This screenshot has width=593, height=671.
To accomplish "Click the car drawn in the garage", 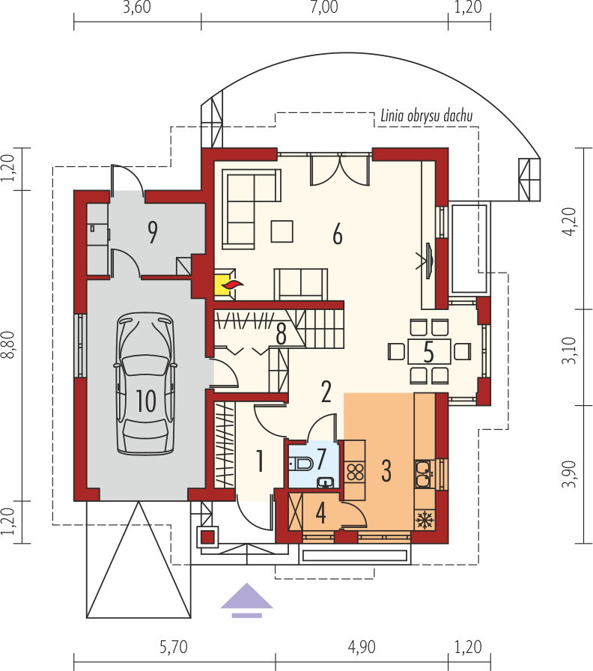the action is click(x=145, y=383).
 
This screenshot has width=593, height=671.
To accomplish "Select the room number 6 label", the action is click(x=338, y=234).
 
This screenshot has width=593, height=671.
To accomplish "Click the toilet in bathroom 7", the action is click(x=301, y=463).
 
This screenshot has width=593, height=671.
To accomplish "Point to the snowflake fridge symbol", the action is click(x=425, y=520).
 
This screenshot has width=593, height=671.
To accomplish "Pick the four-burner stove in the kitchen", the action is click(x=355, y=472).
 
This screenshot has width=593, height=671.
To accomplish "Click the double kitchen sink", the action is click(x=424, y=474).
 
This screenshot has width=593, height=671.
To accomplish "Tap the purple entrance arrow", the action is click(x=246, y=600).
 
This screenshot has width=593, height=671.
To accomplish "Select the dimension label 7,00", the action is click(x=324, y=7).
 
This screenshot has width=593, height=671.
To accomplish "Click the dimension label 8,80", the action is click(x=8, y=345).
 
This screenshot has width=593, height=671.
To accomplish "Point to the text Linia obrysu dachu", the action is click(x=427, y=116).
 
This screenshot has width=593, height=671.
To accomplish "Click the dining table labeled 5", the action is click(x=429, y=351).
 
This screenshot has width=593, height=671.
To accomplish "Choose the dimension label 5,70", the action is click(x=174, y=647).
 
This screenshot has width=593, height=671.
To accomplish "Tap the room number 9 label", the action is click(x=152, y=232).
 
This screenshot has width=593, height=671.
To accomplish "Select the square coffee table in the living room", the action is click(x=282, y=231).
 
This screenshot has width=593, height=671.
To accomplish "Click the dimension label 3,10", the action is click(x=570, y=350).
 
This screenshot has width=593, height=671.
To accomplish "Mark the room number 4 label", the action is click(x=321, y=513).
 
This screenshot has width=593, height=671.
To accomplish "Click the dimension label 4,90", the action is click(x=362, y=647).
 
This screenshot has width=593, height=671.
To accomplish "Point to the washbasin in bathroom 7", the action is click(x=326, y=483).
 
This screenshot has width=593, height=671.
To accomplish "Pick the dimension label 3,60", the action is click(x=137, y=7).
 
